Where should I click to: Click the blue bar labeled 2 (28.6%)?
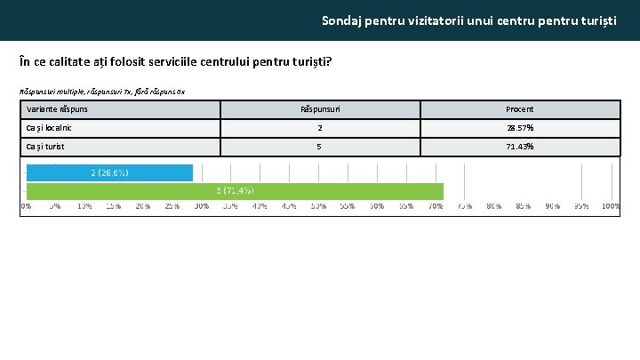(109, 172)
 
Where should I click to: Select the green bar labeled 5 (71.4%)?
(235, 191)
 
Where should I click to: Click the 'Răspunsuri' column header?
(320, 109)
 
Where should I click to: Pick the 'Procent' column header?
(519, 109)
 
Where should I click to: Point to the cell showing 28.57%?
(519, 128)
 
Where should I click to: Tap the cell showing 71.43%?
(519, 147)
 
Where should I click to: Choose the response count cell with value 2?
(320, 128)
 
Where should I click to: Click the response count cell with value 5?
(320, 147)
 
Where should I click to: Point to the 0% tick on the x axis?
(27, 206)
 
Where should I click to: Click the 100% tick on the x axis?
(611, 206)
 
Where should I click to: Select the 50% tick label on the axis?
(318, 206)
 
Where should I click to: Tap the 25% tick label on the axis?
(172, 206)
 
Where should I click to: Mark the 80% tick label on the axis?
(493, 206)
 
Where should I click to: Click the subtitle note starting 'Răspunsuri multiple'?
(102, 92)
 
